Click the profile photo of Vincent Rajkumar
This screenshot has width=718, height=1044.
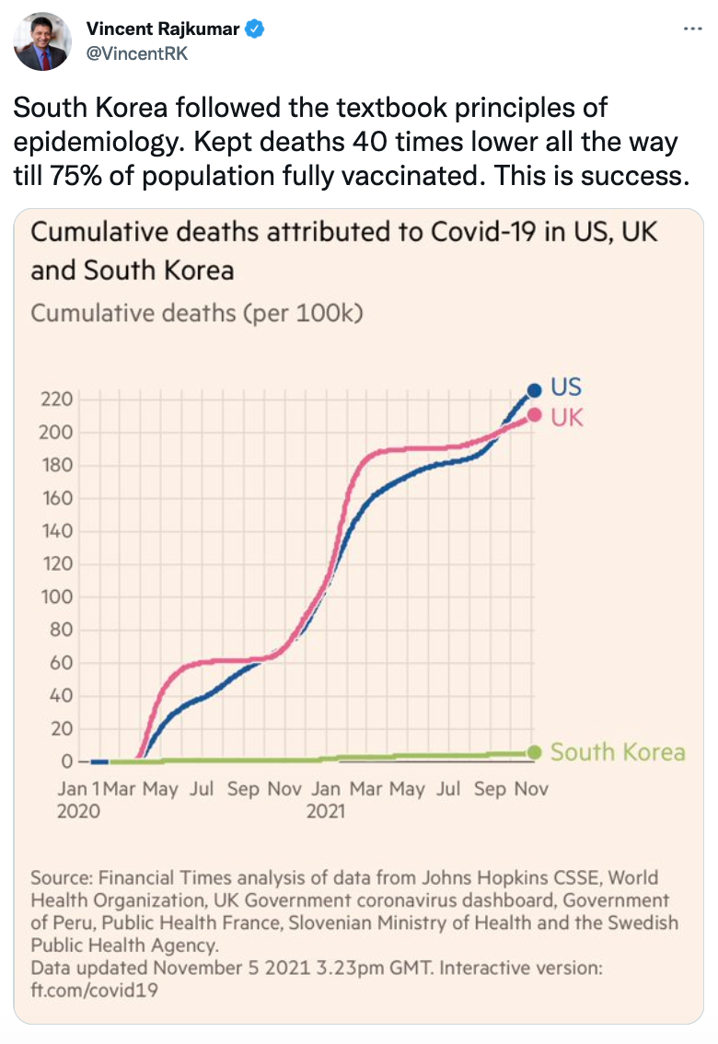click(x=41, y=41)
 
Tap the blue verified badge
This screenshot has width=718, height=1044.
click(x=255, y=29)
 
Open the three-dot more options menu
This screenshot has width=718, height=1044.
click(x=692, y=29)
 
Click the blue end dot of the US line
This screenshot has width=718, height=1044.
click(x=534, y=390)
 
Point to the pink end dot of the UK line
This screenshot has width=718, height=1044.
click(x=534, y=414)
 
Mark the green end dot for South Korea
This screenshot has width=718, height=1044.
click(x=534, y=751)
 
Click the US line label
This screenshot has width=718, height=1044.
click(x=566, y=387)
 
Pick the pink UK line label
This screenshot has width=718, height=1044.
click(x=567, y=417)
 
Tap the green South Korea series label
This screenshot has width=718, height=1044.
click(x=618, y=752)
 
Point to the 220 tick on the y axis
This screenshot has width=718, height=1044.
click(x=56, y=400)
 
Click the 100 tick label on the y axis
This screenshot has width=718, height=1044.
click(x=56, y=597)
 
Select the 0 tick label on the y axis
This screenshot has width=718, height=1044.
click(x=66, y=761)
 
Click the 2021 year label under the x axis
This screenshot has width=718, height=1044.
click(x=326, y=811)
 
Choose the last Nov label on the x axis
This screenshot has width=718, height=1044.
click(x=531, y=789)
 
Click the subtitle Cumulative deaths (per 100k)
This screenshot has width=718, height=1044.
click(x=197, y=313)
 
